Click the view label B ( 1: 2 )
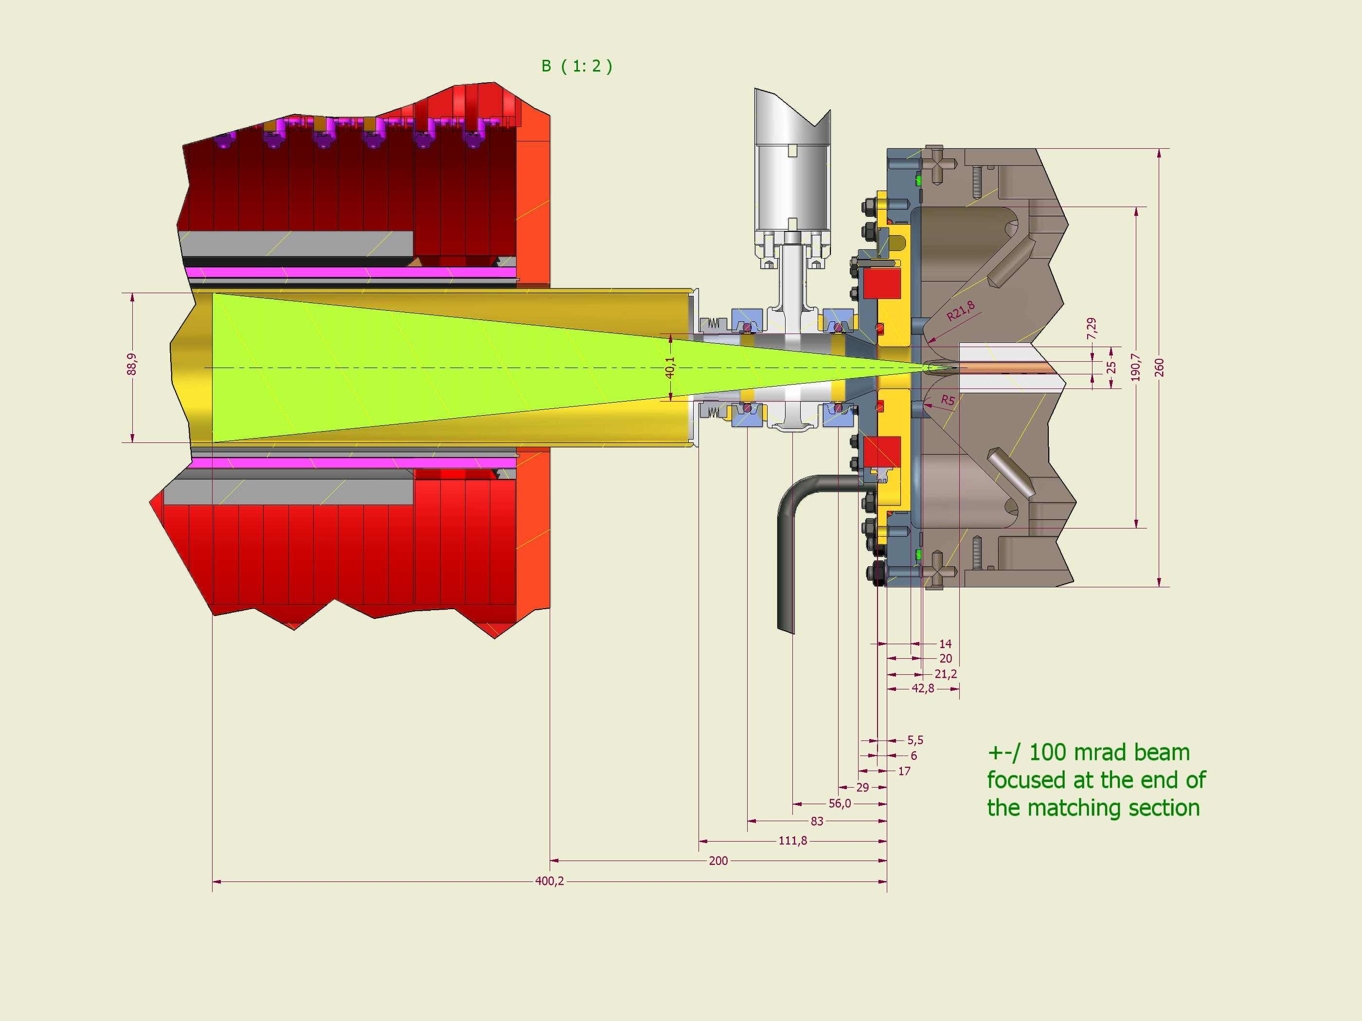coord(577,67)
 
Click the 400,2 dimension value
coord(549,881)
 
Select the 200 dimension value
coord(718,861)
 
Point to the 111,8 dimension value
coord(792,841)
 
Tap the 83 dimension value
coord(816,822)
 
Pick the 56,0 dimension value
coord(839,804)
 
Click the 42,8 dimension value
coord(922,688)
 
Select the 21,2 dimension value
coord(945,674)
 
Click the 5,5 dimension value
coord(915,740)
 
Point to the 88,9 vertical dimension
coord(132,364)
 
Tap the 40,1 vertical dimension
coord(670,368)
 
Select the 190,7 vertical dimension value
coord(1136,368)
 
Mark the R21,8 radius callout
coord(961,311)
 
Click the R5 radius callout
coord(948,400)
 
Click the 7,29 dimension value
coord(1092,329)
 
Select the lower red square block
coord(882,452)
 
